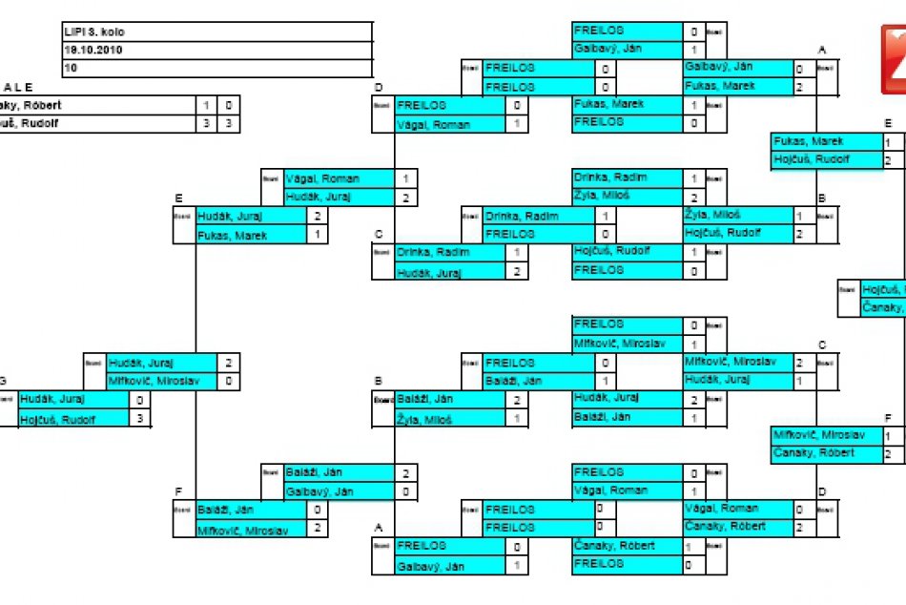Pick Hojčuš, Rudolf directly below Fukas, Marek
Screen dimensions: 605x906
click(x=825, y=159)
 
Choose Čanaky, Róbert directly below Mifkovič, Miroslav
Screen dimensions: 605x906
click(x=825, y=453)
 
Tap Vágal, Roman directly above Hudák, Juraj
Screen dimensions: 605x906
click(x=338, y=178)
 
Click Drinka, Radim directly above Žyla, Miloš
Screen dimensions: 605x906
click(x=626, y=177)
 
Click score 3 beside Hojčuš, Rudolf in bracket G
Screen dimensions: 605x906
click(x=139, y=418)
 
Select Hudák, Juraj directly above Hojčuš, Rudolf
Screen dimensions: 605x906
click(x=72, y=400)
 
